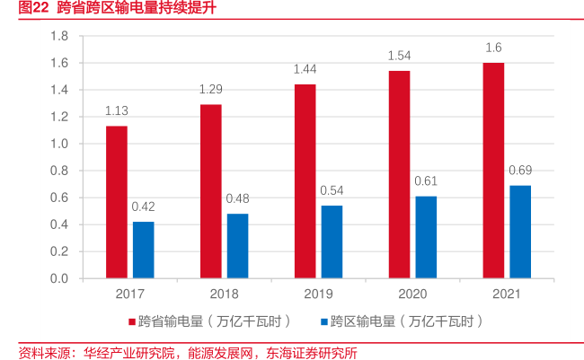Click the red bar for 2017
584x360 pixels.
[117, 202]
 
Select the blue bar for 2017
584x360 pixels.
[143, 250]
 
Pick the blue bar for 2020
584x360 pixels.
[426, 237]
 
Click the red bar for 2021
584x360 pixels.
[493, 171]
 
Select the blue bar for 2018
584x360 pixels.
[237, 246]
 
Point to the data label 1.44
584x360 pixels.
[305, 69]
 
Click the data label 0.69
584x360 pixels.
[520, 171]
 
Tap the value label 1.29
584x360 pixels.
[210, 90]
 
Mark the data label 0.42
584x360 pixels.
[143, 206]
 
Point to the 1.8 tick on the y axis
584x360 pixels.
[60, 36]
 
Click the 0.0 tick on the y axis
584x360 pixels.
[60, 278]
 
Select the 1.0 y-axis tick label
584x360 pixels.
[60, 144]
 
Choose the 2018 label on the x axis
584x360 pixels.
[224, 294]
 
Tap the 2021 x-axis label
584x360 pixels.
[507, 294]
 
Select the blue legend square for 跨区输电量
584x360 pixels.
[323, 321]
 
